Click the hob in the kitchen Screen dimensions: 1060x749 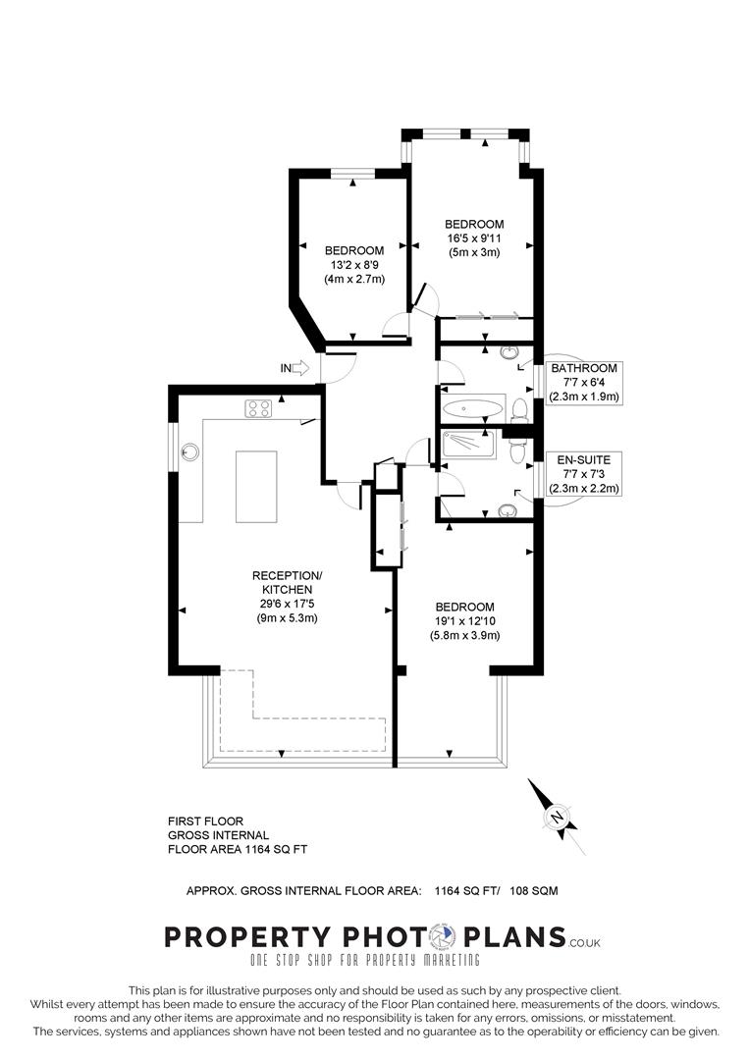(258, 408)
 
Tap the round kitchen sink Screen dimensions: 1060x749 (191, 452)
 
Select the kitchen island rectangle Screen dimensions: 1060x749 (256, 487)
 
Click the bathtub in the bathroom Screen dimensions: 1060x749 (472, 406)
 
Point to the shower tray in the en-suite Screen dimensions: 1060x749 (472, 447)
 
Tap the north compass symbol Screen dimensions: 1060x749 (556, 816)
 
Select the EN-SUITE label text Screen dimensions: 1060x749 (583, 459)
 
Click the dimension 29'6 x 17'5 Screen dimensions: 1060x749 (286, 604)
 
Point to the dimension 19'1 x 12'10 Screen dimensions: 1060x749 (464, 620)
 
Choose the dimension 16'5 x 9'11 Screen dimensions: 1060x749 (473, 238)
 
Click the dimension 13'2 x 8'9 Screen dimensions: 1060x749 (353, 265)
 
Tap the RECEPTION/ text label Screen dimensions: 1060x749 (286, 575)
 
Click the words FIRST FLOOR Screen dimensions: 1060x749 (205, 821)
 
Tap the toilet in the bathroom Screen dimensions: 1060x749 (521, 410)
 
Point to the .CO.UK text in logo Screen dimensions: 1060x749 (585, 942)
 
